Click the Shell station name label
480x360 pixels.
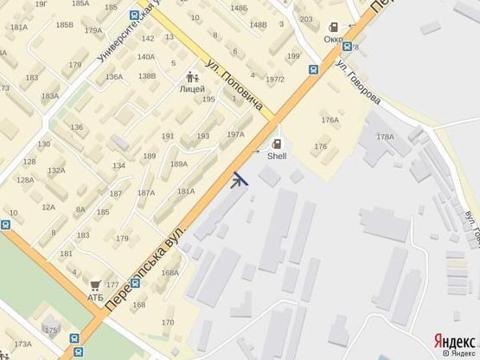(x=276, y=157)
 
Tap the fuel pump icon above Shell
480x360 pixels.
(x=277, y=145)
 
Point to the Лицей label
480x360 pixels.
(x=192, y=88)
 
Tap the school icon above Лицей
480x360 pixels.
(x=192, y=76)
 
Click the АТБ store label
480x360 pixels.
(x=94, y=297)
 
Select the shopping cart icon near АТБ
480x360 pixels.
(x=95, y=284)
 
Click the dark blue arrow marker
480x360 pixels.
(x=240, y=180)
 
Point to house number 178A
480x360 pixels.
(x=385, y=137)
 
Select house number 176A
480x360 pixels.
(x=330, y=120)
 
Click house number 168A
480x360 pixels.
(x=170, y=273)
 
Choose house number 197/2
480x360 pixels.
(x=275, y=79)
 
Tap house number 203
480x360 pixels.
(x=306, y=19)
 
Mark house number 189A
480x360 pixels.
(x=179, y=164)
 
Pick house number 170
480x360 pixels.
(x=167, y=323)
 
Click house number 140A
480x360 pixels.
(x=145, y=57)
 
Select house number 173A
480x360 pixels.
(x=22, y=344)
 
